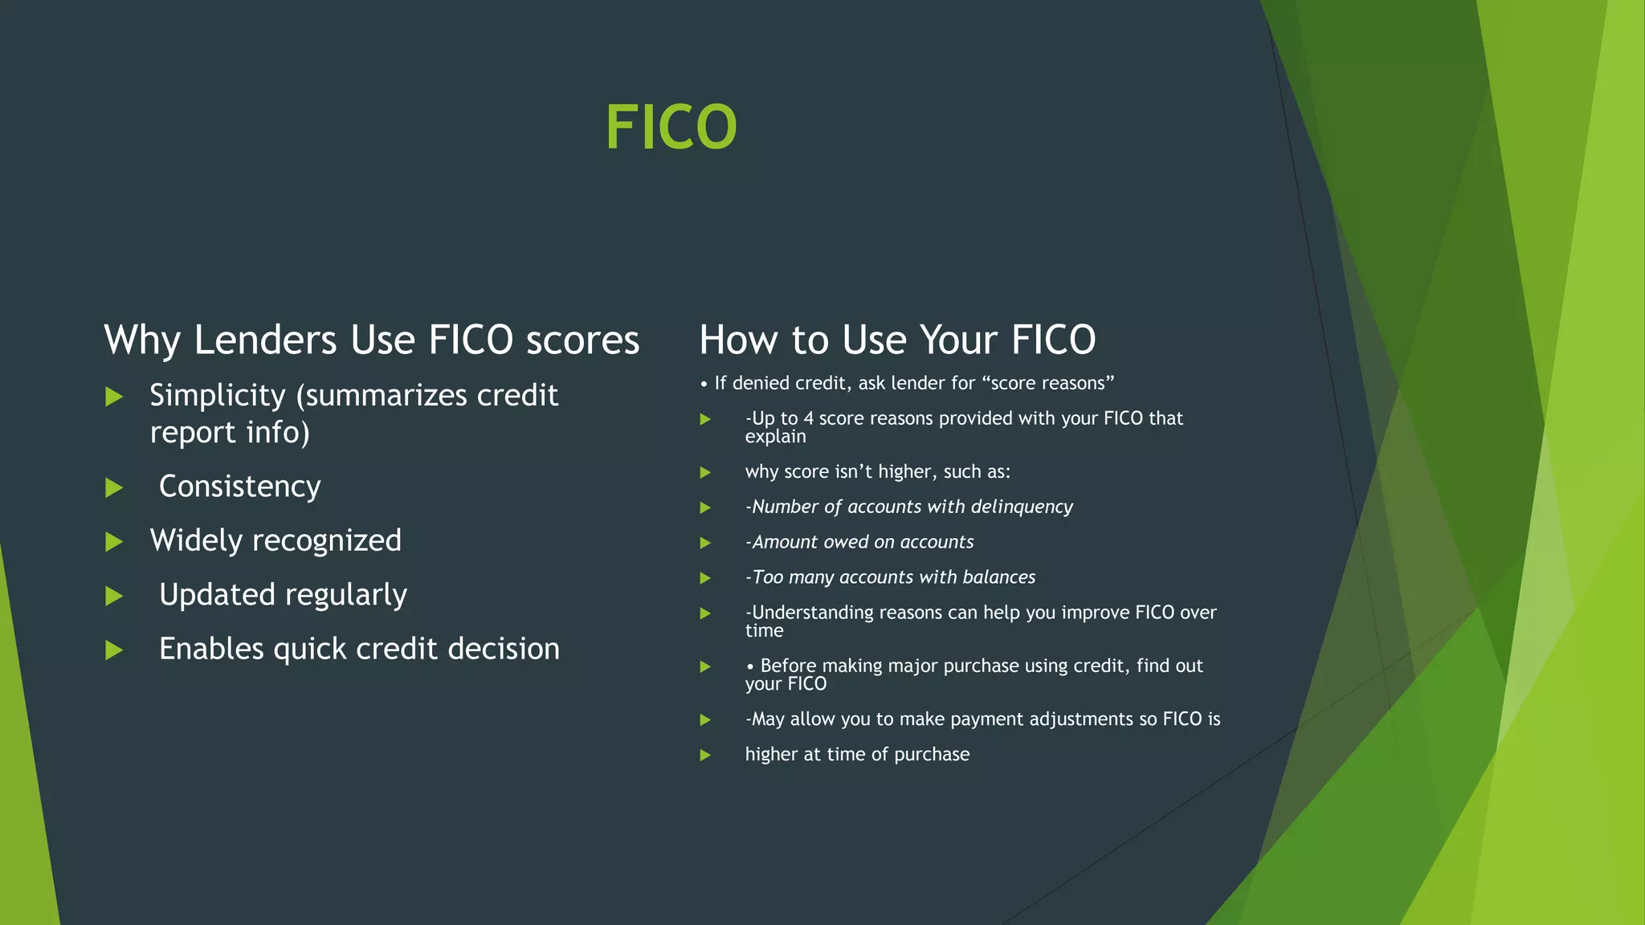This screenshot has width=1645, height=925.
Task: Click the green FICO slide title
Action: pos(671,127)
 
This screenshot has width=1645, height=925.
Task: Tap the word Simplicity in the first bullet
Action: pos(218,395)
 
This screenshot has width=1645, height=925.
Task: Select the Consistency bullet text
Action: pos(239,487)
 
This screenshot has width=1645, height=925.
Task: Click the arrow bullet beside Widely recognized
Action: pos(114,542)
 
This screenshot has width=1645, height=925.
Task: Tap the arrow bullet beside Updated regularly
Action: pos(114,596)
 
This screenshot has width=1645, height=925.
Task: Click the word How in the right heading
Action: pos(738,340)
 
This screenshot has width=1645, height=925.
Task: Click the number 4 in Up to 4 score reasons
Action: pos(809,418)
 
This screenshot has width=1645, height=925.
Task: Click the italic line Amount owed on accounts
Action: pos(859,542)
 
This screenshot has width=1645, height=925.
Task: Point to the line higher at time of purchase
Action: pos(857,754)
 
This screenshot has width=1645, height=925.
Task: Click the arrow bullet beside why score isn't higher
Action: pos(705,472)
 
